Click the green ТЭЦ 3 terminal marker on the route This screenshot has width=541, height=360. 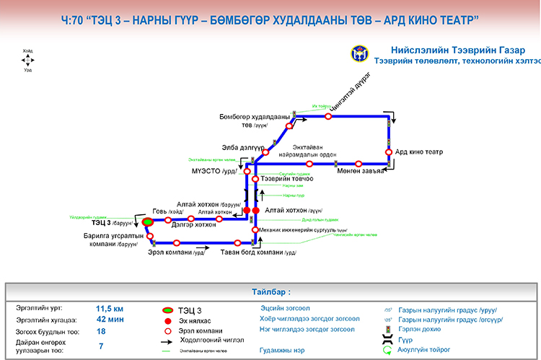(146, 221)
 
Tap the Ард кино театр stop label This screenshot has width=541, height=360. (418, 152)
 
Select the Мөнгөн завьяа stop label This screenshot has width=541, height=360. (359, 171)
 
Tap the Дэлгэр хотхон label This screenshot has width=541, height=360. (194, 225)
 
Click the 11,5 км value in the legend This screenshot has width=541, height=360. (110, 307)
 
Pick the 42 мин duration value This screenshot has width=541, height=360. (111, 320)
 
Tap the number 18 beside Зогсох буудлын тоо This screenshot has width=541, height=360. (102, 332)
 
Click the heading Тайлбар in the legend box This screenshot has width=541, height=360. (270, 293)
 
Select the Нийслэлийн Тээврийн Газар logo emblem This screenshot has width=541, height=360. (359, 53)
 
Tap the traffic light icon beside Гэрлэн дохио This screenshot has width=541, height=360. (388, 329)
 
